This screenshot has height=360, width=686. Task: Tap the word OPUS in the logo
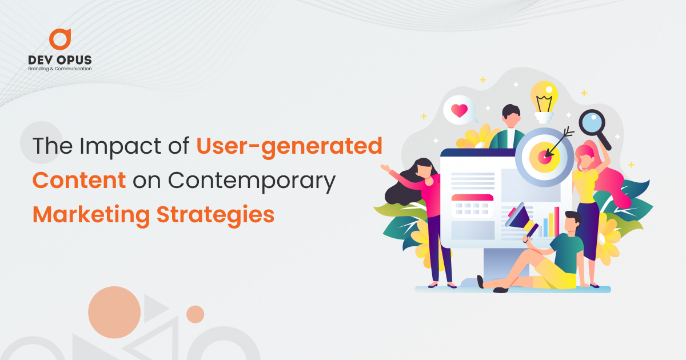(74, 60)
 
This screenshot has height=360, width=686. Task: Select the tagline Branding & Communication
(59, 69)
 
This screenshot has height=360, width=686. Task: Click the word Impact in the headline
(120, 147)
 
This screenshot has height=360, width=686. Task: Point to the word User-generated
(289, 147)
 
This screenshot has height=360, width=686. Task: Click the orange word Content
(79, 181)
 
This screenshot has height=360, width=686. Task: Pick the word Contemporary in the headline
(252, 182)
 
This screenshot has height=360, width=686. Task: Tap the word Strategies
(216, 216)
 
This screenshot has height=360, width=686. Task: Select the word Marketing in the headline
(91, 216)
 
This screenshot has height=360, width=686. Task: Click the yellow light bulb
(544, 101)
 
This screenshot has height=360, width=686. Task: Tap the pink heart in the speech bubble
(460, 110)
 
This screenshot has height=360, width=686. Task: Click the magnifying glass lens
(592, 122)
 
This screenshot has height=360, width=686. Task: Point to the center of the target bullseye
(544, 157)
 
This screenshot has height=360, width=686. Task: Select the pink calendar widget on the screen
(473, 206)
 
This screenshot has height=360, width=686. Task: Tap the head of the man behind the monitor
(511, 115)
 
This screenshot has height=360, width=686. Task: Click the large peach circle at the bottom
(114, 312)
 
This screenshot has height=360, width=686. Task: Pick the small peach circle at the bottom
(196, 314)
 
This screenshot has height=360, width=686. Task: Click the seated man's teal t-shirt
(567, 251)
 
